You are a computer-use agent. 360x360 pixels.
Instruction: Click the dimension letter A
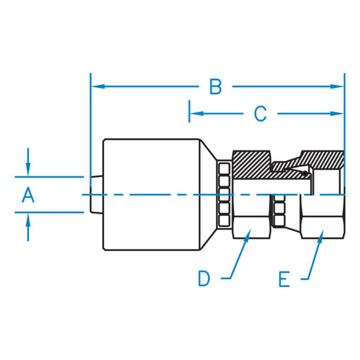(x=28, y=195)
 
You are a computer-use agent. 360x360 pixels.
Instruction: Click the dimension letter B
(x=216, y=87)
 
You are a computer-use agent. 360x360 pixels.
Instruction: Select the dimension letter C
(x=260, y=114)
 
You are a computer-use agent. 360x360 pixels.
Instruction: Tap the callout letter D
(x=204, y=278)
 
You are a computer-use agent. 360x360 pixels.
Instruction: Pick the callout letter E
(x=284, y=279)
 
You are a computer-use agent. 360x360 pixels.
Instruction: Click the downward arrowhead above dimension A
(x=28, y=170)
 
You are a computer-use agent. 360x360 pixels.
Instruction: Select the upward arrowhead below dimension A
(x=28, y=219)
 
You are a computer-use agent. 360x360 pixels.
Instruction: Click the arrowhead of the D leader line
(x=247, y=235)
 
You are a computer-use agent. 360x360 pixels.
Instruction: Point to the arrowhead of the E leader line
(x=321, y=236)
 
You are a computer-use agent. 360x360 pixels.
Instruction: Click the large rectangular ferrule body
(x=151, y=195)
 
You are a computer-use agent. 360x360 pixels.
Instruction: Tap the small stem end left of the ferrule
(x=96, y=195)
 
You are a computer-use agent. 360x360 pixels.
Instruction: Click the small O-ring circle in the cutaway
(x=305, y=174)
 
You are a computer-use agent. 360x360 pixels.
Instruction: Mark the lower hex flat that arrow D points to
(x=251, y=228)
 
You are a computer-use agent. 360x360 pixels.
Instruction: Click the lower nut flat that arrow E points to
(x=322, y=228)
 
